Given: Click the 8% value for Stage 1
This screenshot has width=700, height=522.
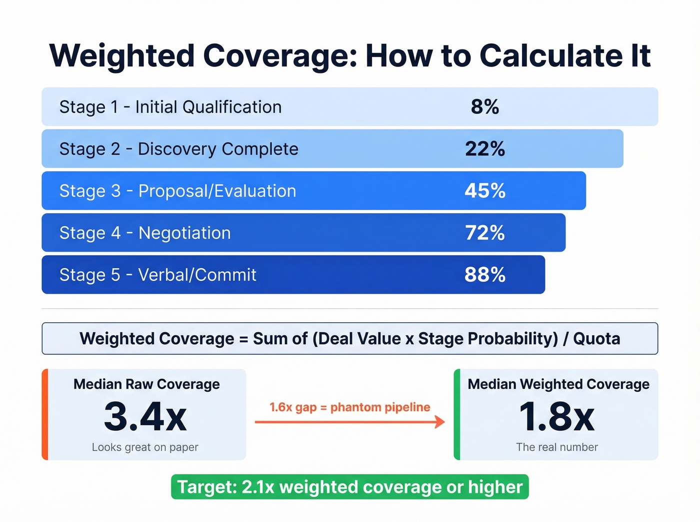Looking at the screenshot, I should [x=484, y=107].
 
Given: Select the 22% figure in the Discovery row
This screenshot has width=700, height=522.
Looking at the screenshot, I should [x=484, y=149].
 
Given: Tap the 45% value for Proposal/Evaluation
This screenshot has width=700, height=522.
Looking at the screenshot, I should [x=484, y=191].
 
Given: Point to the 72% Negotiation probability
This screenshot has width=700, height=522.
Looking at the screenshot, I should [x=484, y=233].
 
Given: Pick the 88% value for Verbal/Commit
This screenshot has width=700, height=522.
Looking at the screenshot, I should [x=484, y=275].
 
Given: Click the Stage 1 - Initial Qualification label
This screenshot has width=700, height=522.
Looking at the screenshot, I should [x=170, y=107].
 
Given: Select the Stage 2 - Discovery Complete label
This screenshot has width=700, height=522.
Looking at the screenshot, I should [x=178, y=149].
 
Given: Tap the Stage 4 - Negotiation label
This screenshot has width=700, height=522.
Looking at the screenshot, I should [x=145, y=233].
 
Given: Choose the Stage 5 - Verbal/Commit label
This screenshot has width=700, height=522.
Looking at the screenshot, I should [x=157, y=275].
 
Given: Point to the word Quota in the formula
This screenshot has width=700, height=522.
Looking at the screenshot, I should [x=596, y=339].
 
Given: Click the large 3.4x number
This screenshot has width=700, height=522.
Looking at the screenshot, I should [x=145, y=416].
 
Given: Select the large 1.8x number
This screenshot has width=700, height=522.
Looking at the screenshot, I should [x=557, y=416].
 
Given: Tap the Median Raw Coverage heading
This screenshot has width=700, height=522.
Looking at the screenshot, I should [x=146, y=384].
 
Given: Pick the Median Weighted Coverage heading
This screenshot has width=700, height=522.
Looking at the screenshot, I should [x=558, y=384].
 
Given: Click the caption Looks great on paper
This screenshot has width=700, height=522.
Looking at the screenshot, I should [x=145, y=447].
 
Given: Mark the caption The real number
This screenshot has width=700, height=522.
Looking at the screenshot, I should [x=557, y=447].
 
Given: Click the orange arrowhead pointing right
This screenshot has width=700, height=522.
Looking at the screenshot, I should [x=439, y=422].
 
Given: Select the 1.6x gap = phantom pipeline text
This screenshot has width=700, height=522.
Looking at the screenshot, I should [x=349, y=407].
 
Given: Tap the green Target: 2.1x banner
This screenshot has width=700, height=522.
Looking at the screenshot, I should [x=349, y=487].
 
